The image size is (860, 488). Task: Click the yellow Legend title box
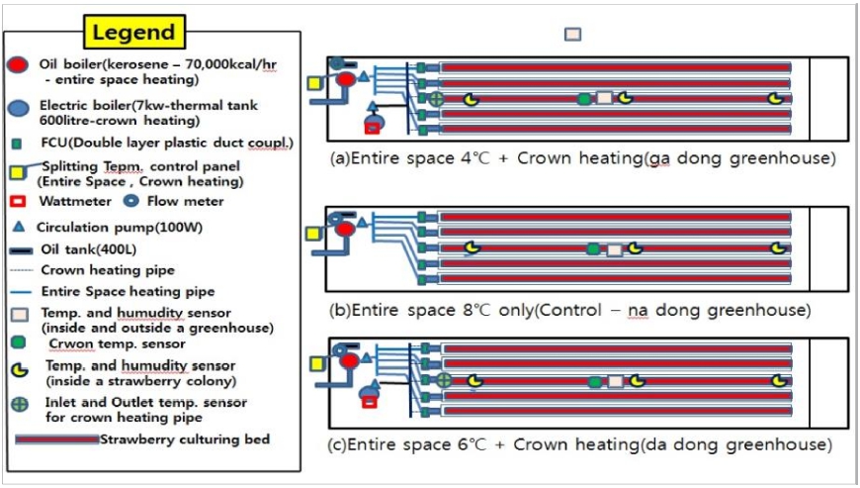pos(133,32)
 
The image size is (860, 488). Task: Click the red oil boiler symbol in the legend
pos(17,65)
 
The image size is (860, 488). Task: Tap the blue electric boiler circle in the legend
pos(17,108)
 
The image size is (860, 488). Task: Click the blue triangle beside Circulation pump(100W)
pos(17,227)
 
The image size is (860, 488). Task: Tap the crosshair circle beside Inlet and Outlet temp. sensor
pos(18,404)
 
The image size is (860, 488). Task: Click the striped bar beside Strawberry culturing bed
pos(55,439)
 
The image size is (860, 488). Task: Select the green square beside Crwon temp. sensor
pos(17,342)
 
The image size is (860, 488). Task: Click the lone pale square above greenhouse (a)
pos(572,34)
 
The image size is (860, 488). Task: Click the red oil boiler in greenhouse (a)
pos(346,79)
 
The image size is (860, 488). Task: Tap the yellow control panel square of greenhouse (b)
pos(313,234)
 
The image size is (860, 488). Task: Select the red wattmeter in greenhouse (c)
pos(370,402)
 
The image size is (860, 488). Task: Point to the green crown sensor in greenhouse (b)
pos(592,249)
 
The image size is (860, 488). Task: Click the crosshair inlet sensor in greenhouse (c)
pos(444,380)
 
